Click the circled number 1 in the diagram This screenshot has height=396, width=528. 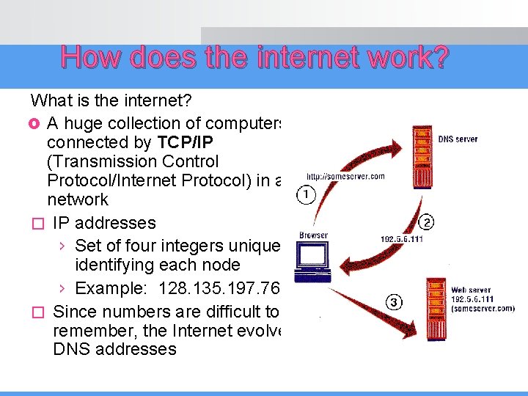(307, 194)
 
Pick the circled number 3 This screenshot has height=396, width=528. (394, 303)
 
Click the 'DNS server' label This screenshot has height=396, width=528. (458, 139)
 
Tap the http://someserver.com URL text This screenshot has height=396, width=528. (345, 177)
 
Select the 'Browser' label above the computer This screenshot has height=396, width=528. (314, 236)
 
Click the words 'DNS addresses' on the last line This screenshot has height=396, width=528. (115, 349)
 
